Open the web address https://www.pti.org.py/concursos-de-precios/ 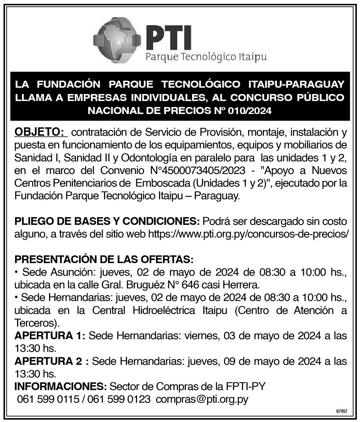pyautogui.click(x=249, y=234)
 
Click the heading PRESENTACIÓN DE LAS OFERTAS pyautogui.click(x=104, y=260)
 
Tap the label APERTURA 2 pyautogui.click(x=51, y=361)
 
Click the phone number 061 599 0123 pyautogui.click(x=120, y=399)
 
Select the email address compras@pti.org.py pyautogui.click(x=202, y=399)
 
